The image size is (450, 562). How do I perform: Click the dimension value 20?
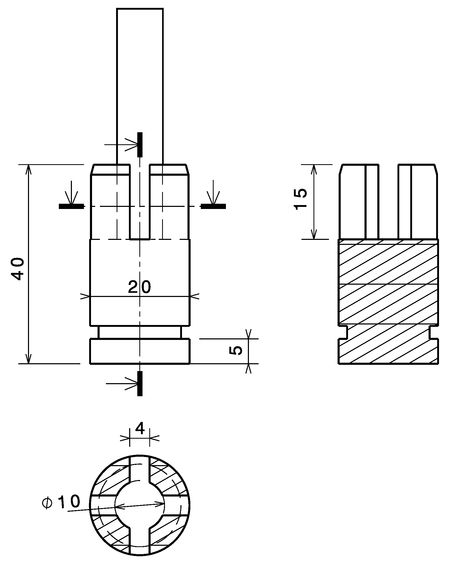139,287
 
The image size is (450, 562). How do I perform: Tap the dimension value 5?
236,351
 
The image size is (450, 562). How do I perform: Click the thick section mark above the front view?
140,145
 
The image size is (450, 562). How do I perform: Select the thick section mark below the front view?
140,383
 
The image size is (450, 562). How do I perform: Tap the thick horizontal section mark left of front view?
71,206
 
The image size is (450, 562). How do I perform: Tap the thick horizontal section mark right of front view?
213,206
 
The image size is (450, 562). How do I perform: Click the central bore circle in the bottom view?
140,505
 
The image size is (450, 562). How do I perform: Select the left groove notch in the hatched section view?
343,332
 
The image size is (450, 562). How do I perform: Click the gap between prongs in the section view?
388,202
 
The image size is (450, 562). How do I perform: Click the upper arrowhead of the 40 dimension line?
29,169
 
